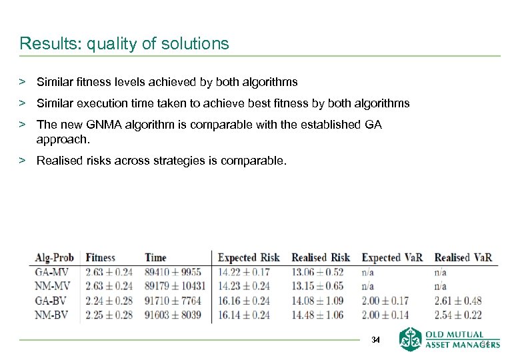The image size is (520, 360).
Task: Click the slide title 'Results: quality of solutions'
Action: click(x=124, y=44)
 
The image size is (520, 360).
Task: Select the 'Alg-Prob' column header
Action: click(x=55, y=258)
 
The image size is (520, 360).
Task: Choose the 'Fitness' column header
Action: click(x=101, y=258)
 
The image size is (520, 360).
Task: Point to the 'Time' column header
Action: click(x=155, y=258)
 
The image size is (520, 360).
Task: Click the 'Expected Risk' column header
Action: click(x=249, y=258)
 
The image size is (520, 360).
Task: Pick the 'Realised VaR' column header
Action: click(x=463, y=258)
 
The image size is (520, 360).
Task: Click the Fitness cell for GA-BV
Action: click(x=109, y=301)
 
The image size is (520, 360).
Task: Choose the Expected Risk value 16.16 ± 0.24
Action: click(x=243, y=301)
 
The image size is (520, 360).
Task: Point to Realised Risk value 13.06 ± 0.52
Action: click(x=317, y=273)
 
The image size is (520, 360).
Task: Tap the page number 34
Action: click(x=375, y=340)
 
